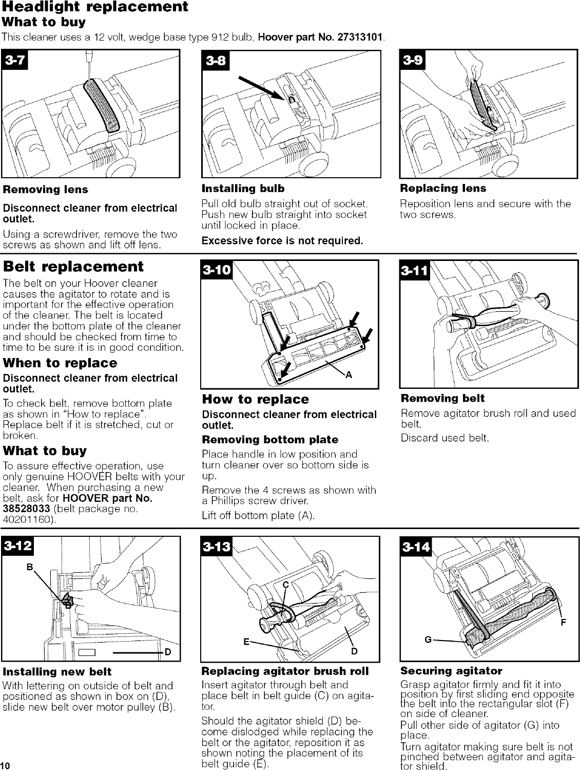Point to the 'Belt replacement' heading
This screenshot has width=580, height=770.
click(x=73, y=267)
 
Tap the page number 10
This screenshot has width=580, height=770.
click(x=5, y=765)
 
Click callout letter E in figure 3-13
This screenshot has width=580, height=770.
click(x=247, y=642)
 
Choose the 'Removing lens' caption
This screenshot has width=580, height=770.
click(x=46, y=190)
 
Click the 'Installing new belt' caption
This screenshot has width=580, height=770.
click(x=57, y=671)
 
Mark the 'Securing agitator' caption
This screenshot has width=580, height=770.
click(x=451, y=671)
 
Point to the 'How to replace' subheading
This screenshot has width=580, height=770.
click(x=256, y=399)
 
